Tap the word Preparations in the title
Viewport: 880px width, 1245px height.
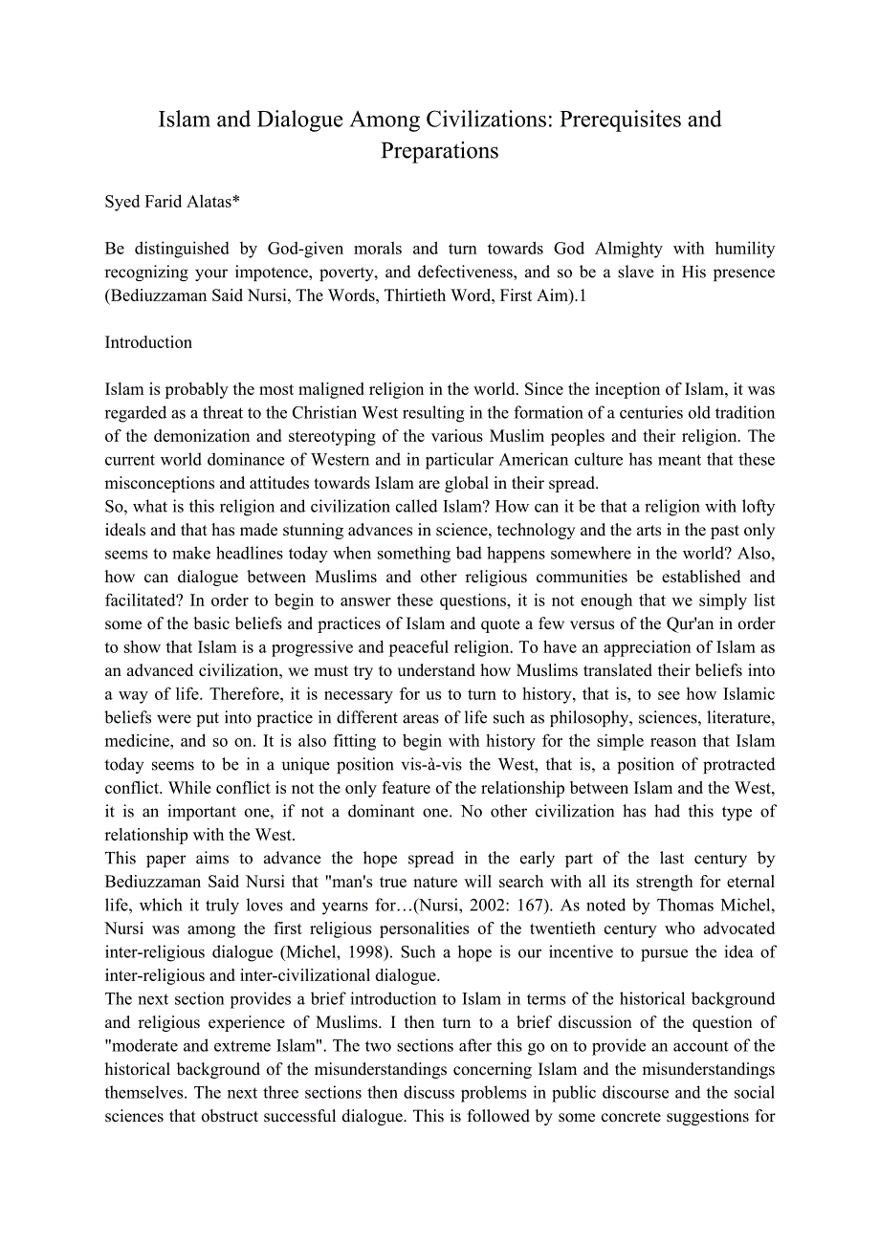(x=440, y=151)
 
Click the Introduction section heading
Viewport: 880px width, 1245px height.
(x=148, y=342)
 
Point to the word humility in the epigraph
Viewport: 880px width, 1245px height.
(x=744, y=249)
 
